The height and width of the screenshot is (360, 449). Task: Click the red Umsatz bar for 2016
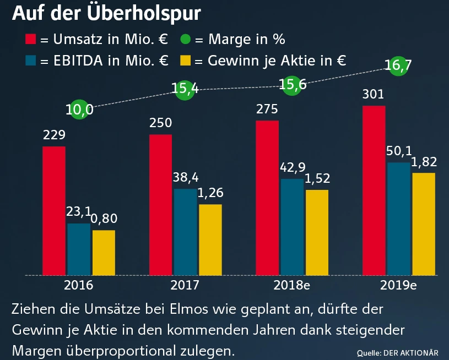(54, 210)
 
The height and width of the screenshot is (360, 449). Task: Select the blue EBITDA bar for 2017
(185, 232)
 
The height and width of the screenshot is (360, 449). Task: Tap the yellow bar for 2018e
(317, 232)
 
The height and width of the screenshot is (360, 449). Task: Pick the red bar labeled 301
(374, 190)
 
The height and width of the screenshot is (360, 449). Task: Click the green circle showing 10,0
(79, 110)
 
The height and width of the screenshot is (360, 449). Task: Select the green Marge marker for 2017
(185, 90)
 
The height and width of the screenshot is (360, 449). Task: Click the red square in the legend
(31, 40)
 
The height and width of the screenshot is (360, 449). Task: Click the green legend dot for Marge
(186, 40)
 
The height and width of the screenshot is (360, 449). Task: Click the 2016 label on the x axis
(79, 286)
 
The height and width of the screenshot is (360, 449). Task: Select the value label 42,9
(293, 168)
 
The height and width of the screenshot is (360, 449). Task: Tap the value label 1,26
(210, 194)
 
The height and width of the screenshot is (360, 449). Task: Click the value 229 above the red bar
(55, 135)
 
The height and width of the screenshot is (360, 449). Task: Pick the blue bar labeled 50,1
(398, 219)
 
